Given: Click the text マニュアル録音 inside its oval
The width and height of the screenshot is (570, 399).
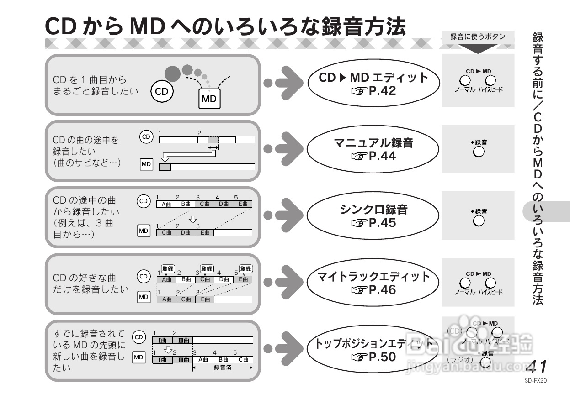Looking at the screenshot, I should (x=373, y=143).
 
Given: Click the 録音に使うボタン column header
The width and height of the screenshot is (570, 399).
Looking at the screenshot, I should (x=478, y=37).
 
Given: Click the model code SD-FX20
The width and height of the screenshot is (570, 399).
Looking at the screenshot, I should (x=536, y=379).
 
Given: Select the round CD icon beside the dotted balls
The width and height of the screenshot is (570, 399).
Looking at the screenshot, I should (x=161, y=91).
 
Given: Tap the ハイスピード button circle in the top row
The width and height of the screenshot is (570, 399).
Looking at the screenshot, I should (x=490, y=81).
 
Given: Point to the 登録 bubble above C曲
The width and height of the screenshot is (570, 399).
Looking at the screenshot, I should (x=207, y=269).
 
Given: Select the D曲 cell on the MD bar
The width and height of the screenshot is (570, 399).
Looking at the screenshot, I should (x=185, y=232).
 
